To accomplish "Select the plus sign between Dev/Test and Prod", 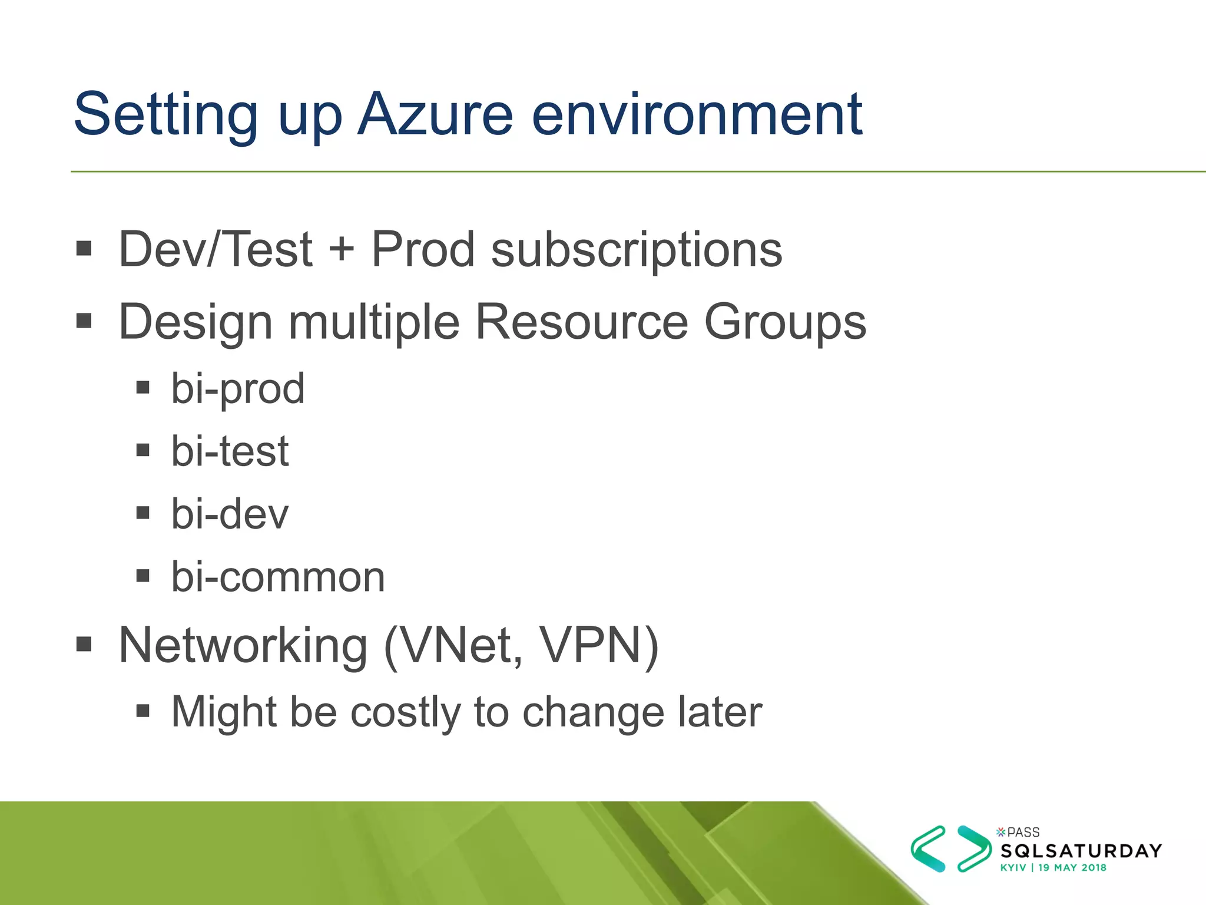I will (342, 250).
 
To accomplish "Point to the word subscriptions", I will (637, 250).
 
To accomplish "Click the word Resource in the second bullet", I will (581, 322).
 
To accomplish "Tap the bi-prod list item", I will (238, 389).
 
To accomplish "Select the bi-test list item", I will (230, 451).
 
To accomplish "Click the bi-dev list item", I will (230, 514).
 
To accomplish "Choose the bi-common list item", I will (278, 577).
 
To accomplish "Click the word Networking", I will (243, 646).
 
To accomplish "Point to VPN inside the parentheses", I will (591, 646).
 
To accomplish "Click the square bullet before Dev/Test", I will (84, 248).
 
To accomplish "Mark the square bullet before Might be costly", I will (143, 710).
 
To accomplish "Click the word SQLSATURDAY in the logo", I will (1081, 851).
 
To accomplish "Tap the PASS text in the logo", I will (1023, 833).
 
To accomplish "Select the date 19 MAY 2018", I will (1072, 868).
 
